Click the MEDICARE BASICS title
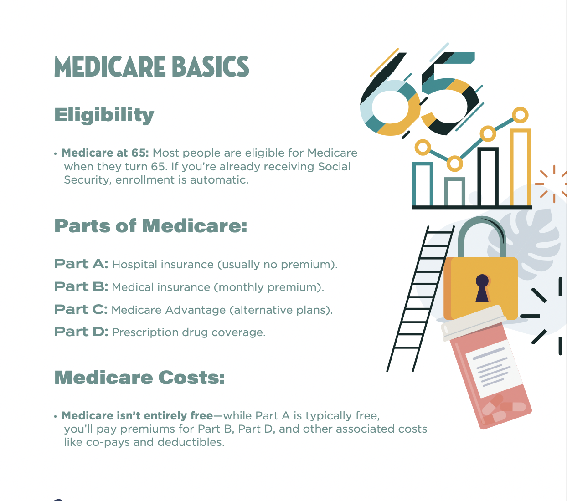point(151,66)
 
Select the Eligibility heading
point(104,115)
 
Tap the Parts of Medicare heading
point(150,226)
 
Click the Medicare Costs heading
point(139,378)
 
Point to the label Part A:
point(81,264)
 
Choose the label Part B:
point(81,287)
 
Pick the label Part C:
point(81,310)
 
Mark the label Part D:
point(81,332)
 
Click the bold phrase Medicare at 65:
point(105,153)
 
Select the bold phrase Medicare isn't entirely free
point(137,416)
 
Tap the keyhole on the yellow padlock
point(482,288)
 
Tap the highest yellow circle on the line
point(520,115)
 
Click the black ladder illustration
point(419,296)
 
